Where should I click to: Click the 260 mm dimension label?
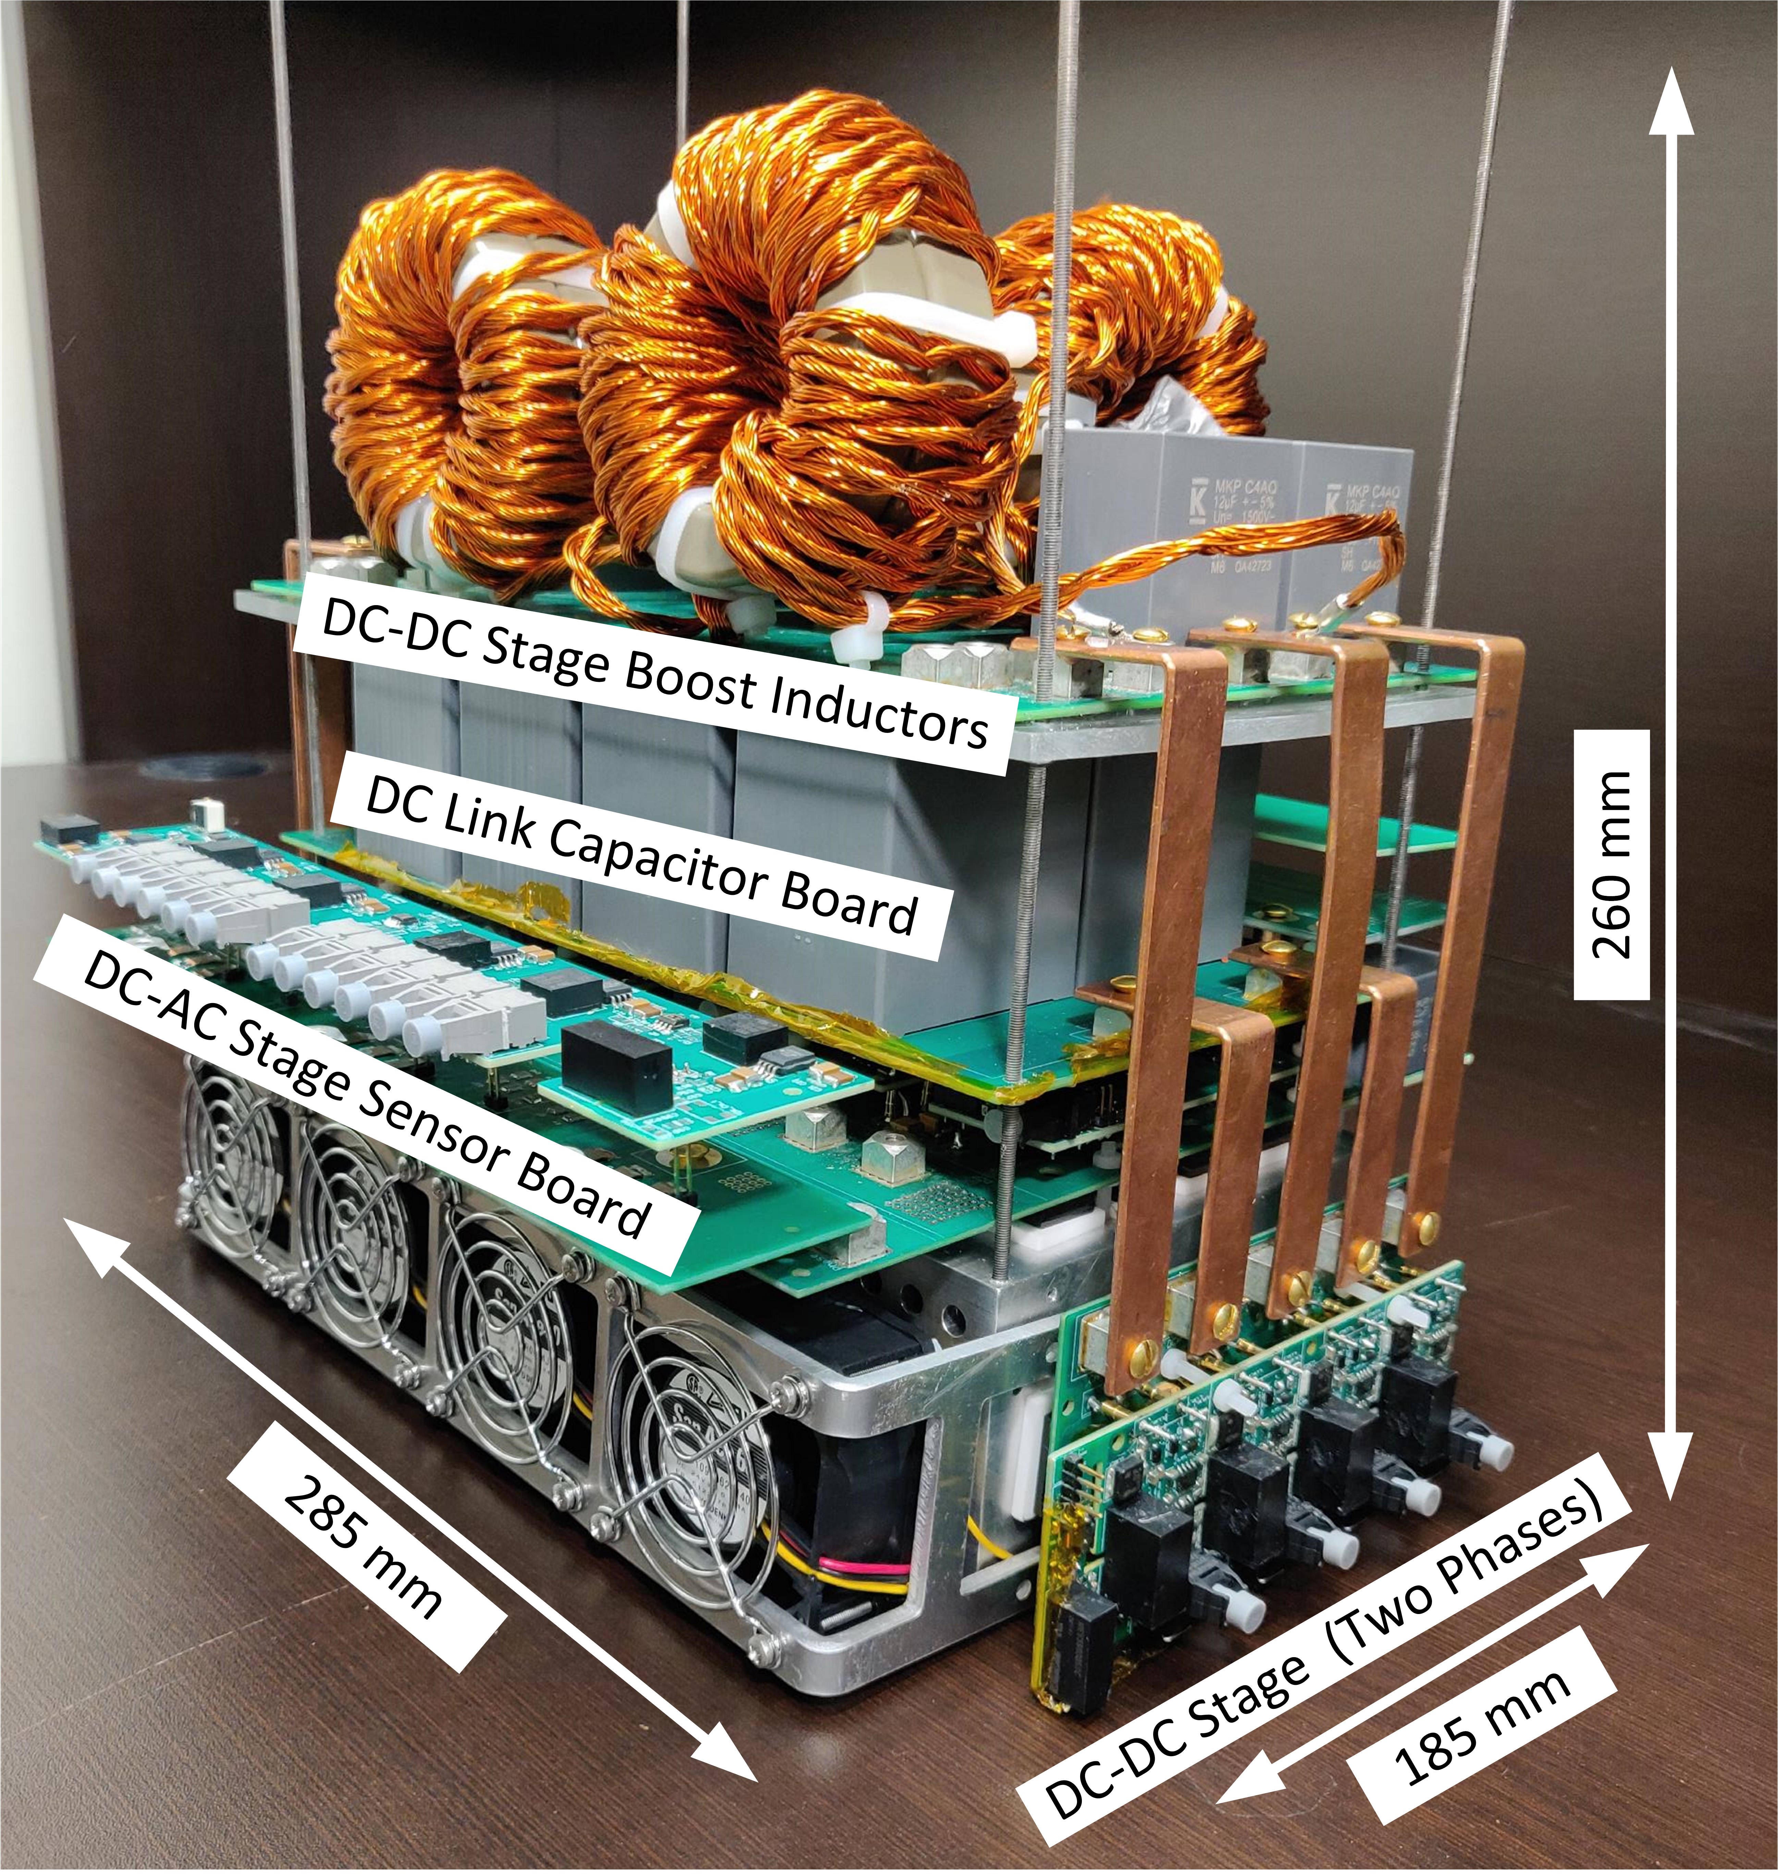click(1611, 864)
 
